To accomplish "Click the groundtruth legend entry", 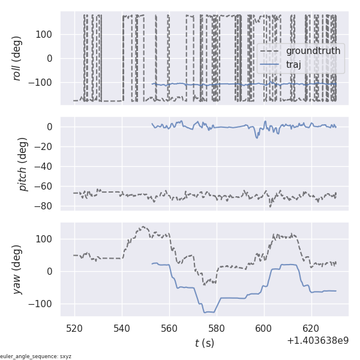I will coord(313,51).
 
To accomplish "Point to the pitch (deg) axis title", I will coord(23,164).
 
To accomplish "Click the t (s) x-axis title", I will coord(204,343).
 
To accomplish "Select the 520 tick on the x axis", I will coord(75,329).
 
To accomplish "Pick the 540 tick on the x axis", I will coord(122,329).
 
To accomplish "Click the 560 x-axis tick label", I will coord(169,329).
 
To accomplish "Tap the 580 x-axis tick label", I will coord(217,329).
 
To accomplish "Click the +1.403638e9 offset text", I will coord(317,340).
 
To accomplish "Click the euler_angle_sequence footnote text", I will coord(35,356).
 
